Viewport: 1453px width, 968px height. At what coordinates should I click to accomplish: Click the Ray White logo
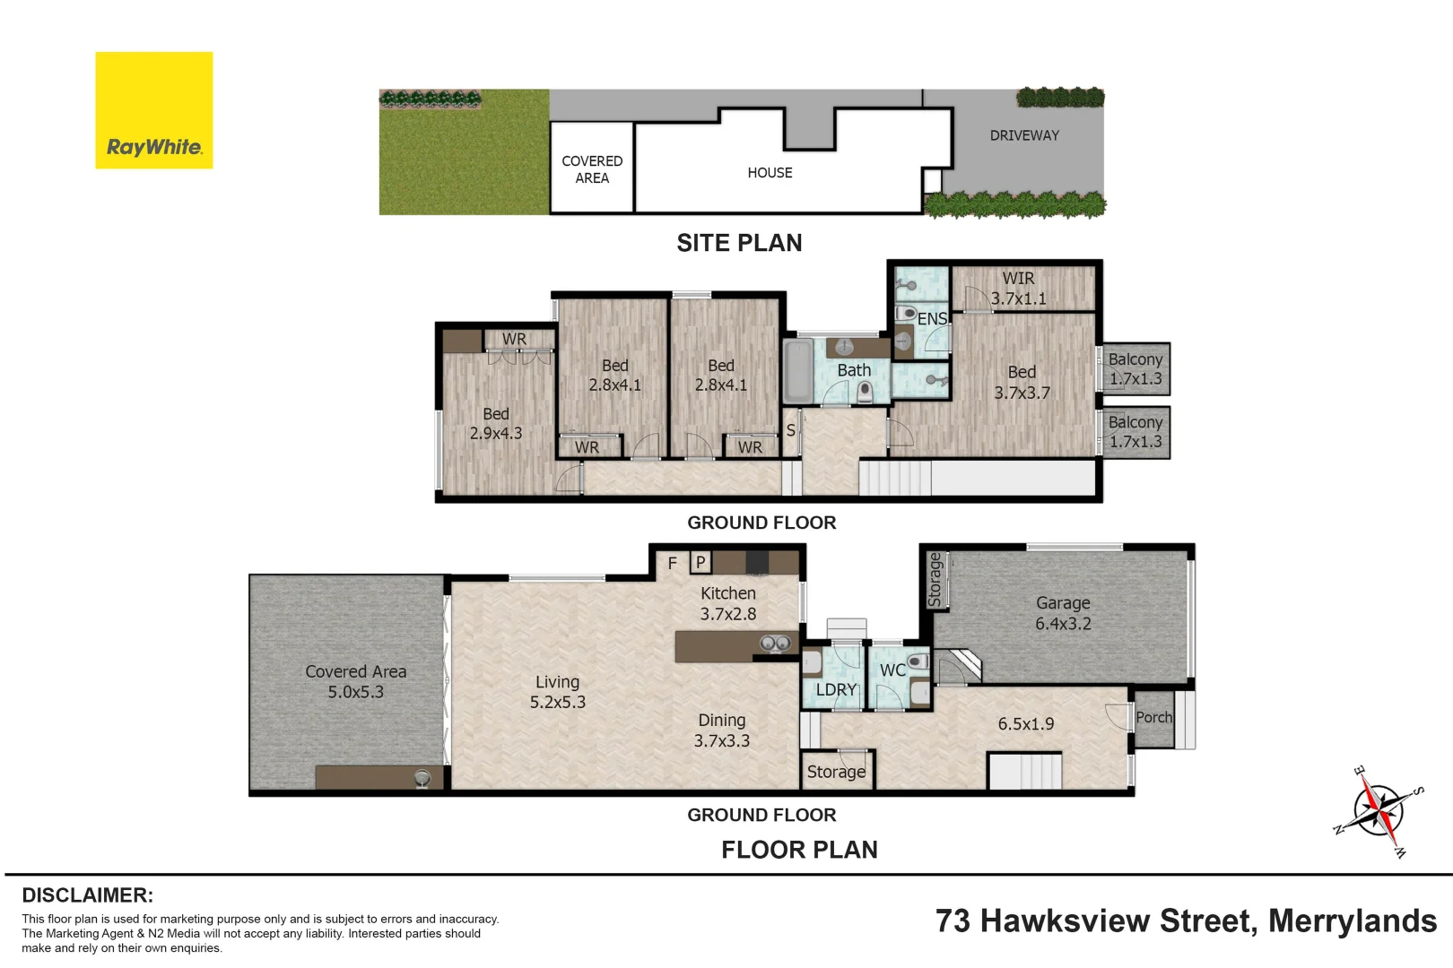(x=154, y=110)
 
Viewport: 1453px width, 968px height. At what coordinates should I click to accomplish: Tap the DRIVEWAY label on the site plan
(x=1024, y=135)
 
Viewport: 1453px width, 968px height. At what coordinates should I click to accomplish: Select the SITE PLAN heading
(x=739, y=243)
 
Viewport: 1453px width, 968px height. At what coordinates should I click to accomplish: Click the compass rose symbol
(x=1379, y=810)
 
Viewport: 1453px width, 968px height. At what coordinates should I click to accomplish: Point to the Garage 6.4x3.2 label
(x=1063, y=614)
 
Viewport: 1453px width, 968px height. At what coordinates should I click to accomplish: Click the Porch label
(x=1153, y=717)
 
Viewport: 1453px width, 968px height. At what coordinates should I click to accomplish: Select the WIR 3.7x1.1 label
(x=1018, y=289)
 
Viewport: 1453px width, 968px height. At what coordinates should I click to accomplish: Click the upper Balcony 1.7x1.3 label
(x=1135, y=368)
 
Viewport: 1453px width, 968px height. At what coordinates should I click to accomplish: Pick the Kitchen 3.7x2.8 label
(x=728, y=603)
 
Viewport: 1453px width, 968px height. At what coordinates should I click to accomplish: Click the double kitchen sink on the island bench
(x=775, y=643)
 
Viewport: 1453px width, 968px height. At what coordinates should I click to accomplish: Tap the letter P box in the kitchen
(x=700, y=562)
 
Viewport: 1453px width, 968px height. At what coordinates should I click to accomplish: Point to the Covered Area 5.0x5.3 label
(x=355, y=681)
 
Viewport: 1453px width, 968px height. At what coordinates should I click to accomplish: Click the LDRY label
(x=836, y=689)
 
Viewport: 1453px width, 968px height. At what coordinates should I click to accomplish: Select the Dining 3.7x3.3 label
(x=722, y=730)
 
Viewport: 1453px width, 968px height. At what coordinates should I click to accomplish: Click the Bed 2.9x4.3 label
(x=496, y=423)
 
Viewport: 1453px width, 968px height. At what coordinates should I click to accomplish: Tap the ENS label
(x=932, y=319)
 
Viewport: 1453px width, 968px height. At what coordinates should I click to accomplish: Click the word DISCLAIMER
(x=87, y=895)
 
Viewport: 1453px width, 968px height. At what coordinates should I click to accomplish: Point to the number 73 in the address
(x=953, y=921)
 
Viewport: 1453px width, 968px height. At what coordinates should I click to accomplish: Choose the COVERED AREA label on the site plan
(x=592, y=169)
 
